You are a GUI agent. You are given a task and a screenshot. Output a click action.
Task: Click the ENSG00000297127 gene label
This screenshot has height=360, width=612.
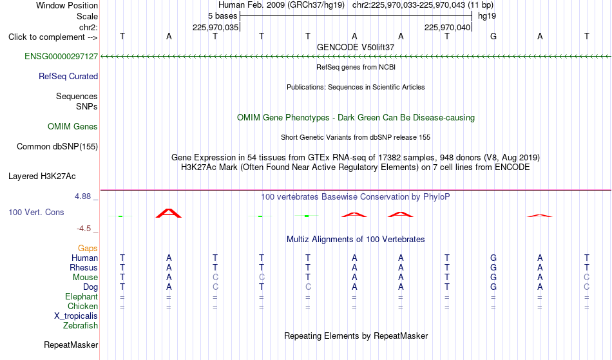tap(61, 57)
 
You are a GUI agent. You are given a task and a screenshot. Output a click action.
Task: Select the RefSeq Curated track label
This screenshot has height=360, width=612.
tap(68, 77)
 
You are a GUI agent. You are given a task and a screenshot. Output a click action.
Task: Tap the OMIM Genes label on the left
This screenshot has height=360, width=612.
tap(73, 127)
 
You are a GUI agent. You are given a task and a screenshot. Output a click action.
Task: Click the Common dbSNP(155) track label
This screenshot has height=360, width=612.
tap(57, 147)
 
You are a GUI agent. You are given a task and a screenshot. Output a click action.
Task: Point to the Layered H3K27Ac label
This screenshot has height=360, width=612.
tap(42, 176)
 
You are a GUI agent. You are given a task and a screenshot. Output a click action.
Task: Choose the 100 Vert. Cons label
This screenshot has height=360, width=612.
tap(36, 212)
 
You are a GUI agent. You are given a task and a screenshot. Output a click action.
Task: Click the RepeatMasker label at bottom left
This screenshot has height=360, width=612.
tap(71, 345)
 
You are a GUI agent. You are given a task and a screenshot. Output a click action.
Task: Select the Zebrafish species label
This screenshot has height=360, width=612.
tap(81, 326)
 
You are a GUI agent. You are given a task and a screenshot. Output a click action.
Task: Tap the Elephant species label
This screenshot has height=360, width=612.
tap(82, 297)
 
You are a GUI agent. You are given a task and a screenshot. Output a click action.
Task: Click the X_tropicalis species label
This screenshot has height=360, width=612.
tap(76, 316)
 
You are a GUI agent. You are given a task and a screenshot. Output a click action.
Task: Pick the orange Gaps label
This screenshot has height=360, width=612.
tap(88, 249)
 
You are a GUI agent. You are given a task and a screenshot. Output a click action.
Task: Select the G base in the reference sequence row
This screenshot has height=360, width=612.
tap(493, 37)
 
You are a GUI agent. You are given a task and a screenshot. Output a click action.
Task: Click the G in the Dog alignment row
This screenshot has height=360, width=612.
tap(493, 287)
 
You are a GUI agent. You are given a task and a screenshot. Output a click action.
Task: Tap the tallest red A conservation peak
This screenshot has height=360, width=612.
tap(169, 213)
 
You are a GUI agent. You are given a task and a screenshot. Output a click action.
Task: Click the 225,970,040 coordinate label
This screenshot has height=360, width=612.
tap(447, 27)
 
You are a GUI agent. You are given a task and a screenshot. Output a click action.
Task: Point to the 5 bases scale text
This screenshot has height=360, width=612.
tap(222, 16)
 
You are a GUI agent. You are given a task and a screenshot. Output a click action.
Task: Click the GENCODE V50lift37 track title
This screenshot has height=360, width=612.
tap(356, 47)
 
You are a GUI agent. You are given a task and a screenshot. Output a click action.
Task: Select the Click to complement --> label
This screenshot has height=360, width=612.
tap(53, 37)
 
